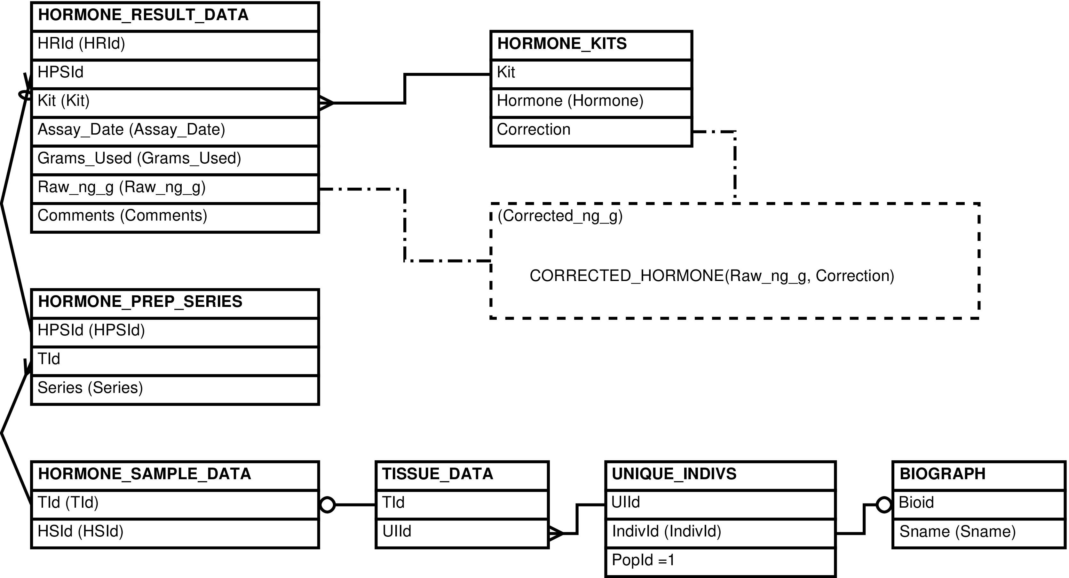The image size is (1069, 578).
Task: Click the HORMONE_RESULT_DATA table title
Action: click(143, 15)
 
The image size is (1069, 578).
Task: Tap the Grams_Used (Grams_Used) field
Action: click(139, 158)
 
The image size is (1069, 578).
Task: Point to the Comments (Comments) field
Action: click(123, 215)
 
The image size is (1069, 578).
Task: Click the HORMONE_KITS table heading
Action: click(562, 43)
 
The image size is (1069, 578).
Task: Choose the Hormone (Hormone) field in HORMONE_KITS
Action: click(570, 101)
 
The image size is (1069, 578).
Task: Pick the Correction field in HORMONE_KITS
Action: click(534, 129)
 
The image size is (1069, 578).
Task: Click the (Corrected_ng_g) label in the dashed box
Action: click(560, 216)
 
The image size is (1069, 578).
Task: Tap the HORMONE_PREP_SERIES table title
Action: click(140, 302)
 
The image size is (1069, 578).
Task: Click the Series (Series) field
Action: click(91, 388)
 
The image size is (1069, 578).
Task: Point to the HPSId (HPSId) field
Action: click(91, 331)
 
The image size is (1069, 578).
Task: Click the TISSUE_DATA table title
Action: click(438, 474)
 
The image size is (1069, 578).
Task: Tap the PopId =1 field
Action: click(643, 560)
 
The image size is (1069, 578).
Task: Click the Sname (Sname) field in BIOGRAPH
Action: click(958, 532)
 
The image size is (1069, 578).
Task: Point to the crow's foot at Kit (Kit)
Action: click(326, 103)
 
